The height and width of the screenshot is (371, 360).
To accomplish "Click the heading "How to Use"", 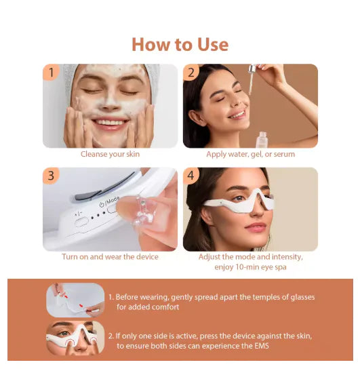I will (180, 45).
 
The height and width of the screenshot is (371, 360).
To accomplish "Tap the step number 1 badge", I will (49, 72).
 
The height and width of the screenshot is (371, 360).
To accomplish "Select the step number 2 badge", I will (191, 72).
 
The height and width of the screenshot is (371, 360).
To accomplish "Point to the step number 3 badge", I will (51, 176).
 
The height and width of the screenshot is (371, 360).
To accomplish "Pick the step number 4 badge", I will (192, 176).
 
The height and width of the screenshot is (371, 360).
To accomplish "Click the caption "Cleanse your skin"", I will (110, 154).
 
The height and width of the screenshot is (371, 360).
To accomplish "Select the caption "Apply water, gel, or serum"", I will (250, 154).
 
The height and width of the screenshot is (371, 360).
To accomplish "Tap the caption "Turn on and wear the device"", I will (110, 257).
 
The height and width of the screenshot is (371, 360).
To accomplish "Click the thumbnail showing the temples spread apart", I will (75, 300).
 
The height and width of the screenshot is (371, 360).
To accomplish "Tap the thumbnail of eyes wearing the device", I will (75, 338).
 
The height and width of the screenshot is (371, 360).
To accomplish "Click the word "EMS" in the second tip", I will (268, 346).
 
